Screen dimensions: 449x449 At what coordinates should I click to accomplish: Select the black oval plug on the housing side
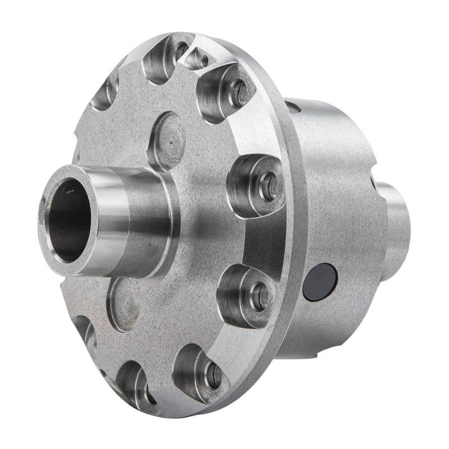319,282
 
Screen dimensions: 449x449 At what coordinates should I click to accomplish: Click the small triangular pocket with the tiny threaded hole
198,58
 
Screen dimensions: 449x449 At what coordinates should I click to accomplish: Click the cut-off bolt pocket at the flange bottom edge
135,387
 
